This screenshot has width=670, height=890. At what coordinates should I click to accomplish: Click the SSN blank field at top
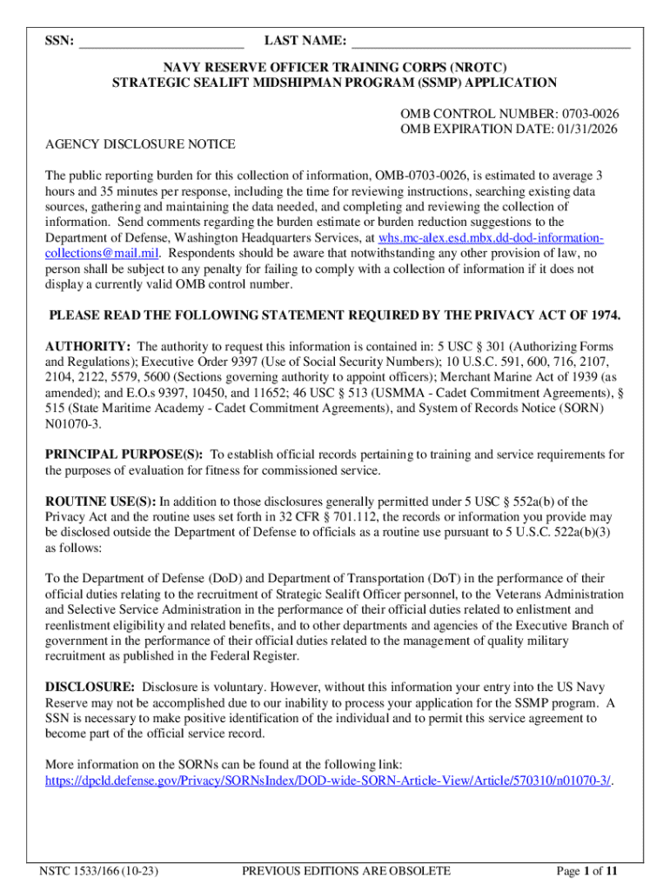click(x=161, y=41)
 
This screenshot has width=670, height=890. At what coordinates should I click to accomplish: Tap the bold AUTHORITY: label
click(x=88, y=347)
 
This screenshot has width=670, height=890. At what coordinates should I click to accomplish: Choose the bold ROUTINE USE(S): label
click(x=100, y=501)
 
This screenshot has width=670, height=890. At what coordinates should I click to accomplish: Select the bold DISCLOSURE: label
click(x=90, y=687)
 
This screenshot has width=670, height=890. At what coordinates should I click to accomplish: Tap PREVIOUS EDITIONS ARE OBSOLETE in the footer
click(x=346, y=871)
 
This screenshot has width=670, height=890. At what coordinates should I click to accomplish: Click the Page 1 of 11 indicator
click(x=587, y=871)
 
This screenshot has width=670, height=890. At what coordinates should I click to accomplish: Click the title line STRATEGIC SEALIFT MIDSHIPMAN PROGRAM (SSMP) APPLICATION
click(x=335, y=83)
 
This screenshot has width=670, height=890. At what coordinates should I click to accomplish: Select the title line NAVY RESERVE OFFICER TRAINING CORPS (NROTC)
click(x=335, y=67)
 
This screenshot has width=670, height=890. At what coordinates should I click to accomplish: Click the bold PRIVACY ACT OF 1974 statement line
click(x=335, y=315)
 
